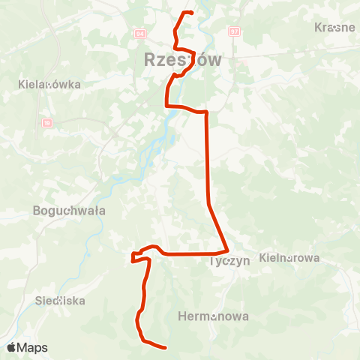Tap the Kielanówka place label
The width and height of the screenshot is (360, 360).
click(x=49, y=85)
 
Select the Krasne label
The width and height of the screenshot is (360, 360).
click(x=334, y=27)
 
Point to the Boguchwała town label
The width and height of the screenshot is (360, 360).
click(x=70, y=211)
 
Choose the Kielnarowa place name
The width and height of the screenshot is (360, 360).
click(x=289, y=257)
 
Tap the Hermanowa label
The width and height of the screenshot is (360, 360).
click(x=214, y=316)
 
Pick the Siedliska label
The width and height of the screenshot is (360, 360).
click(x=61, y=300)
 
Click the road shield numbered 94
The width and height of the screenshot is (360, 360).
click(x=140, y=34)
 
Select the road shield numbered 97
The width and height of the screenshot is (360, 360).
click(x=235, y=31)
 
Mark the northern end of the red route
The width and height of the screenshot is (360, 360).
click(x=193, y=13)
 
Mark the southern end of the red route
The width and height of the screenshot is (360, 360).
click(x=164, y=346)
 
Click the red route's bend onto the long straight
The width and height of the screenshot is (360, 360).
click(x=205, y=112)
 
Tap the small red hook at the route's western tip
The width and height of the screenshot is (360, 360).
click(x=133, y=258)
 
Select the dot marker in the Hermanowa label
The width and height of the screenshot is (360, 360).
click(x=214, y=316)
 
